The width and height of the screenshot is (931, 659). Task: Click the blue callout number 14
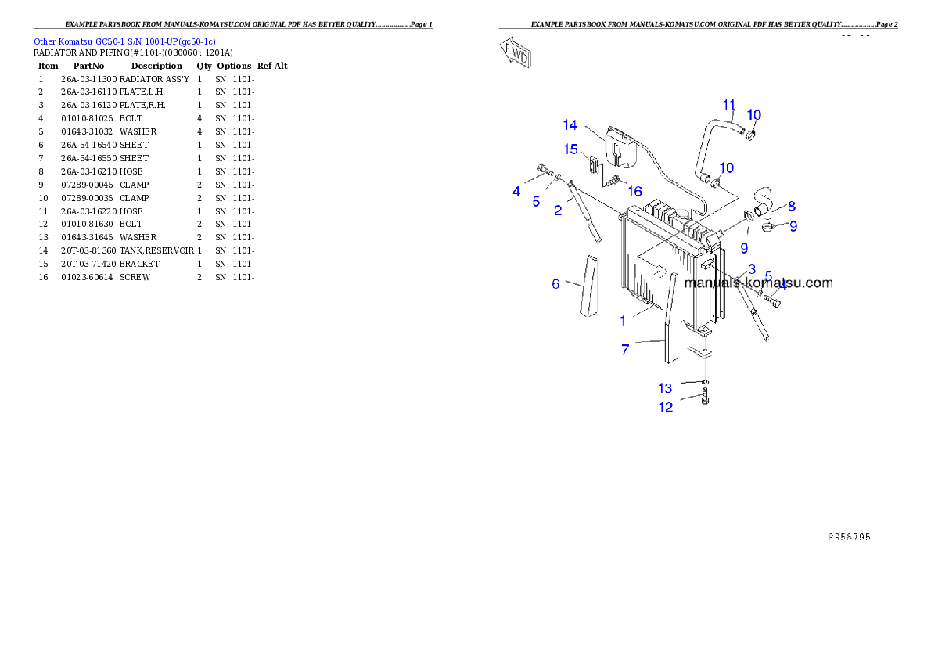coord(570,125)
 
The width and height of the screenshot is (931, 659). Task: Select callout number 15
coord(570,149)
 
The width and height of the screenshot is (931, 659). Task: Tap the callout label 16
coord(634,191)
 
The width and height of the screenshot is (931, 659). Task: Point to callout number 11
coord(728,105)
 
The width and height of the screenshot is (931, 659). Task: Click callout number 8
coord(792,207)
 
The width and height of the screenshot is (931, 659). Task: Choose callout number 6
coord(555,284)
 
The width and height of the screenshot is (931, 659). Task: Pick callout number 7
coord(625,350)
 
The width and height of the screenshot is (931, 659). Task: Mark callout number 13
coord(664,388)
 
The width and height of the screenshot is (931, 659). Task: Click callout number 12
coord(666,408)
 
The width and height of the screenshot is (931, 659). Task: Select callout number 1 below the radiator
coord(623,320)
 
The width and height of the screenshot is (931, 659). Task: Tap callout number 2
coord(558,211)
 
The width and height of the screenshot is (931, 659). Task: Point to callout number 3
coord(751,268)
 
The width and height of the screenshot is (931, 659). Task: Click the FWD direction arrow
coord(517,54)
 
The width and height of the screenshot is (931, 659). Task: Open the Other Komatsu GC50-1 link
coord(124,41)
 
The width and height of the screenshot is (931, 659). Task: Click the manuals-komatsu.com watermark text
coord(758,283)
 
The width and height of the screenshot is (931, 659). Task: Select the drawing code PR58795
coord(849,537)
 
